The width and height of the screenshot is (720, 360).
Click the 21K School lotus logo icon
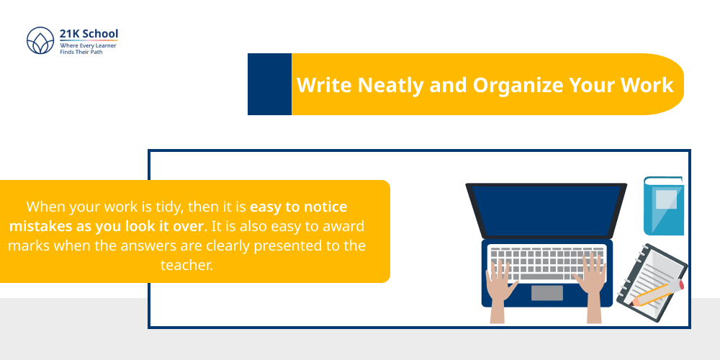40,42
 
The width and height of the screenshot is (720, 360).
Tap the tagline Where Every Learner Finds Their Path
88,48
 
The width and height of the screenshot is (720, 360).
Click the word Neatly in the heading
389,85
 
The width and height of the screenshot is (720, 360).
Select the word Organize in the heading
516,85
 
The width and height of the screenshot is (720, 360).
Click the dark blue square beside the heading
269,84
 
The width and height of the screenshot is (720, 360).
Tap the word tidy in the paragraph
170,207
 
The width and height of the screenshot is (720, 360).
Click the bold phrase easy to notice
298,207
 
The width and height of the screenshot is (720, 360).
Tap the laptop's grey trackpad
547,293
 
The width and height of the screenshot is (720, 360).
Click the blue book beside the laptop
663,206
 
